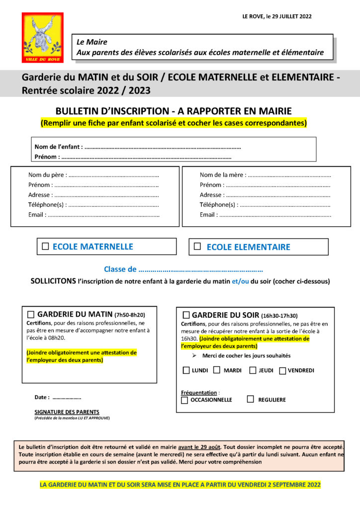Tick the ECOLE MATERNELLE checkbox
45,246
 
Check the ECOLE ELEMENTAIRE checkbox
197,246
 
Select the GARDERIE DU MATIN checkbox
31,314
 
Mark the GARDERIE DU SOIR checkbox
186,315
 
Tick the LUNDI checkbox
186,370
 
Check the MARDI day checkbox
217,370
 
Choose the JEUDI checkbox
253,370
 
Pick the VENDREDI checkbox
282,370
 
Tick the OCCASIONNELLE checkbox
184,400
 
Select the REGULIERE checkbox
251,399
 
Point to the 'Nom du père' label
46,175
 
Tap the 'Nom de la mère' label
222,175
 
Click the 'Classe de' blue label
120,269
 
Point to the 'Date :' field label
42,397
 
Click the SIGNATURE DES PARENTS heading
67,412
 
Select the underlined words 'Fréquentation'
199,392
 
